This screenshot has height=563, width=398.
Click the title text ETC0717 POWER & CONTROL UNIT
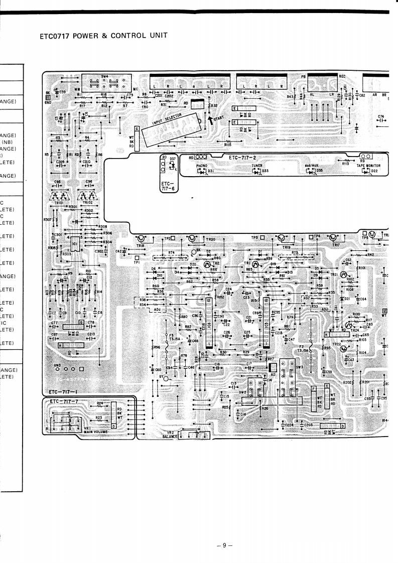102,36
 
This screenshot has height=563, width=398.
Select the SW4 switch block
104,85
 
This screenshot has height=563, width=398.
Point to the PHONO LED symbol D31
203,171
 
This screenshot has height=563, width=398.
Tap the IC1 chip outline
74,244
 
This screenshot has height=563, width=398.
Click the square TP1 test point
136,257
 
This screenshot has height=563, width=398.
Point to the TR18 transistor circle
142,239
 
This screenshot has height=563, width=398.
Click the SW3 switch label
300,367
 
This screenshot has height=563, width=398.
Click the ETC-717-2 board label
243,158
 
